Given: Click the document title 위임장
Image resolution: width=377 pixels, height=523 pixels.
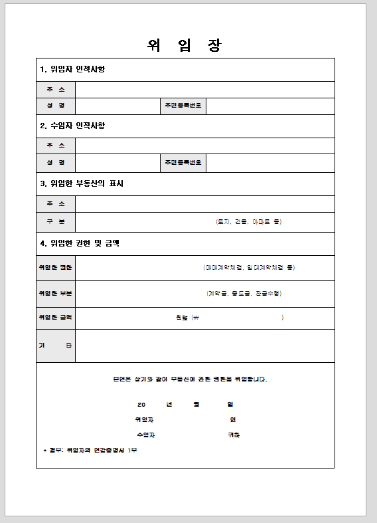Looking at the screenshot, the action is click(185, 45).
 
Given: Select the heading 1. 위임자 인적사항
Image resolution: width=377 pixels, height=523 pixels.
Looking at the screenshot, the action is click(72, 69).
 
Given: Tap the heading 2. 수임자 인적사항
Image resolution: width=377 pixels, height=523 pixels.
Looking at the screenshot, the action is click(72, 126).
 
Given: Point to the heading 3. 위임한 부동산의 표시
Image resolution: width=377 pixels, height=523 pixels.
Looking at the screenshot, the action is click(82, 183).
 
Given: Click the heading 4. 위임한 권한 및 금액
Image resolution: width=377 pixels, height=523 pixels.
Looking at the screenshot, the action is click(80, 243).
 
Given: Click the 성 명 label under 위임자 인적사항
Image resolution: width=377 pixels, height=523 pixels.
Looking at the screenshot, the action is click(56, 106).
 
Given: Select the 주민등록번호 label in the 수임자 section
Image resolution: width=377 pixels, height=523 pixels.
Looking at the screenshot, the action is click(183, 162).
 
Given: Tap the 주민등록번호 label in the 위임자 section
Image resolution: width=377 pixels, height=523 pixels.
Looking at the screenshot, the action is click(183, 106).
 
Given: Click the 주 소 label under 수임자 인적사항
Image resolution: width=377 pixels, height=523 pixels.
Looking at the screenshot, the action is click(56, 146).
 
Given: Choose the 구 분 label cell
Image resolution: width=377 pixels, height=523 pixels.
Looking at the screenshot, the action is click(56, 221).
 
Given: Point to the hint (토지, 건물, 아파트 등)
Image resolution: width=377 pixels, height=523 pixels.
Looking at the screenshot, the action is click(249, 221).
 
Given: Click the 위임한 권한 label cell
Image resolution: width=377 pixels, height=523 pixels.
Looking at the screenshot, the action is click(56, 267).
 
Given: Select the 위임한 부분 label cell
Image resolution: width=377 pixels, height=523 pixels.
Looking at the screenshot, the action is click(56, 293).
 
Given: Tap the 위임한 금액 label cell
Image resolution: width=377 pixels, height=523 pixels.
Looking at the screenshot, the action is click(56, 318).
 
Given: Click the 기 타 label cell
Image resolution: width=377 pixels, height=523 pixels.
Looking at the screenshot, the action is click(56, 346).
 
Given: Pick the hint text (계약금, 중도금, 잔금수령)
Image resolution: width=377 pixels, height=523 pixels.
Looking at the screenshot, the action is click(248, 293).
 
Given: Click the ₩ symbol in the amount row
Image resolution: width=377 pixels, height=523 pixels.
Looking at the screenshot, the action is click(195, 318).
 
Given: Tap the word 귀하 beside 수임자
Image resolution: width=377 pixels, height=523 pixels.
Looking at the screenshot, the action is click(234, 435).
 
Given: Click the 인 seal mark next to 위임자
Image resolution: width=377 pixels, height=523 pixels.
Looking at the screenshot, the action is click(233, 419).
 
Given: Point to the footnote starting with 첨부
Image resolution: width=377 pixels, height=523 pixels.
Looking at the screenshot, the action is click(90, 451).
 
